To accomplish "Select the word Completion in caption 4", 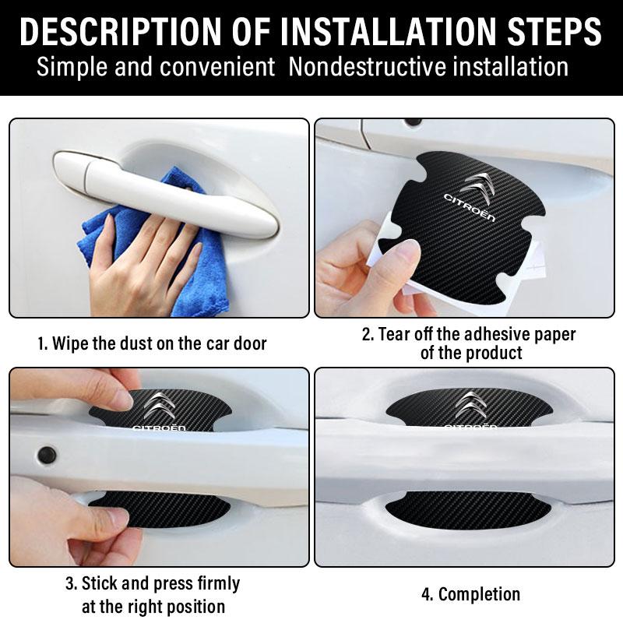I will tap(479, 594).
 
